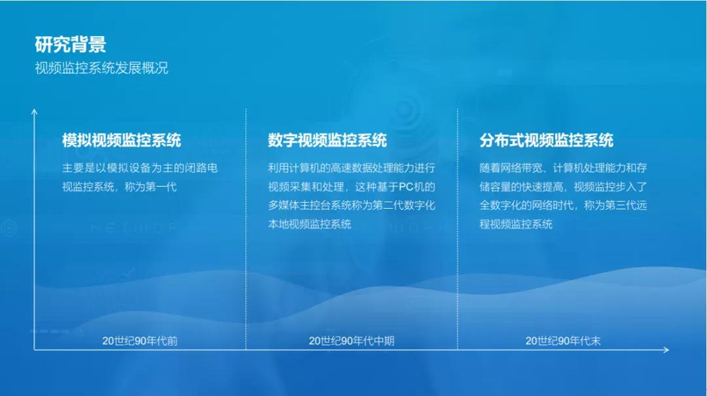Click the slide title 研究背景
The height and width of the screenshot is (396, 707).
click(x=70, y=45)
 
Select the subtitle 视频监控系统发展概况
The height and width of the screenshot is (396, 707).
click(x=101, y=68)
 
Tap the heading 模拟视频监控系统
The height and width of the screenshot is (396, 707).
click(x=122, y=140)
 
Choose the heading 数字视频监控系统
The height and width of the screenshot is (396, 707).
click(x=327, y=140)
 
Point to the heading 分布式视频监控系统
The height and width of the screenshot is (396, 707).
click(x=547, y=140)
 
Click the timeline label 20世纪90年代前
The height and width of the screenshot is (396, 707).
click(x=140, y=341)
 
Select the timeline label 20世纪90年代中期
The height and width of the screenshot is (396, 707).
click(x=352, y=341)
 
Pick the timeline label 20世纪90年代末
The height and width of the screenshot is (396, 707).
click(x=563, y=341)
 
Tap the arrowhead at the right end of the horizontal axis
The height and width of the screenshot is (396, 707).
click(x=668, y=350)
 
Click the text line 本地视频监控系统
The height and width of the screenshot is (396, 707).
click(x=310, y=224)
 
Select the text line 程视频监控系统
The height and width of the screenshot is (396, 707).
click(x=517, y=224)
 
